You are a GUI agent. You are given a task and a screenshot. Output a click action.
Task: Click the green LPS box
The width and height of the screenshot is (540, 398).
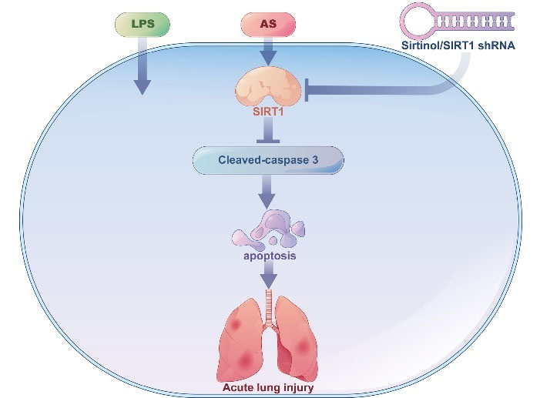141,25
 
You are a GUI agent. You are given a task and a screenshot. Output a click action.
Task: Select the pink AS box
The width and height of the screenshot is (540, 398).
268,25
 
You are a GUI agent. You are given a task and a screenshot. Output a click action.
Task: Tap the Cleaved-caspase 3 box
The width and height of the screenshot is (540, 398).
267,160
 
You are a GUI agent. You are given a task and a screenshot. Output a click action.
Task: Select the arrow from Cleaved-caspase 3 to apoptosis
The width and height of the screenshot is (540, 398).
267,192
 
